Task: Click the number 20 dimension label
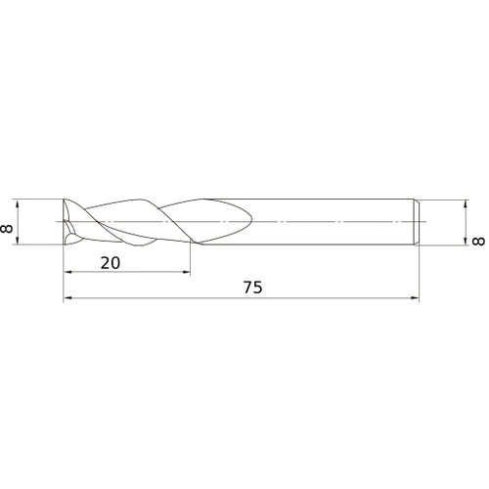tap(111, 263)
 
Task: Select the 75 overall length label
tap(253, 288)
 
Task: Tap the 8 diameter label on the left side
tap(7, 229)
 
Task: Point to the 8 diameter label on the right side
tap(478, 242)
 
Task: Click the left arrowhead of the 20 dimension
tap(67, 272)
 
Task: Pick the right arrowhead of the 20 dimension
tap(186, 272)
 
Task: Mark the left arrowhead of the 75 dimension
tap(67, 297)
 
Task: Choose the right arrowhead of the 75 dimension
tap(415, 297)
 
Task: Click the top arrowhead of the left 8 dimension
tap(18, 203)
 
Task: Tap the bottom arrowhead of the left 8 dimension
tap(18, 241)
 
